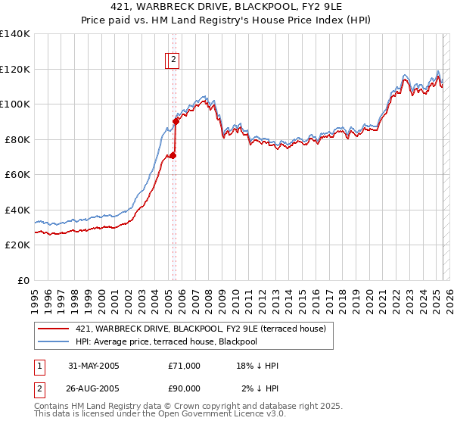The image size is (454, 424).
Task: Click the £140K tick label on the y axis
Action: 15,34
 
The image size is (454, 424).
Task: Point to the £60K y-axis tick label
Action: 17,174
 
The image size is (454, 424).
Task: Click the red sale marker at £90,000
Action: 176,120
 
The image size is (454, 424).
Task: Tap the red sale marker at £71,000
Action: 173,155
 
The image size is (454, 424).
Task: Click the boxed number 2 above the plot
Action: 173,58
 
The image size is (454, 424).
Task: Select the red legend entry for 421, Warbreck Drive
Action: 201,329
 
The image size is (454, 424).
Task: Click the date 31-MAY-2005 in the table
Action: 94,366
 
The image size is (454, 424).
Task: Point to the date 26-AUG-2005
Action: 94,388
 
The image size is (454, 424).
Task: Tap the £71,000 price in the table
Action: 185,366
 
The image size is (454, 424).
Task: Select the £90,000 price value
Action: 185,388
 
